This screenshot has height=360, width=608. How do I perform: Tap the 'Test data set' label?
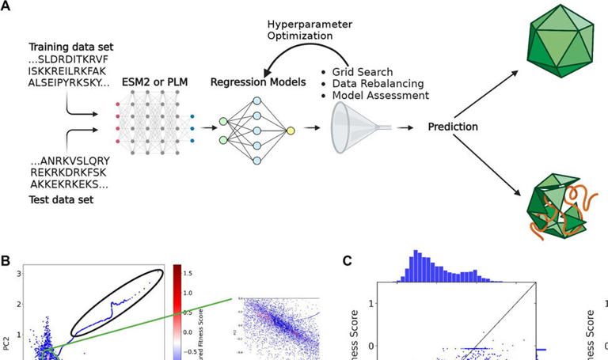click(x=60, y=200)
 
